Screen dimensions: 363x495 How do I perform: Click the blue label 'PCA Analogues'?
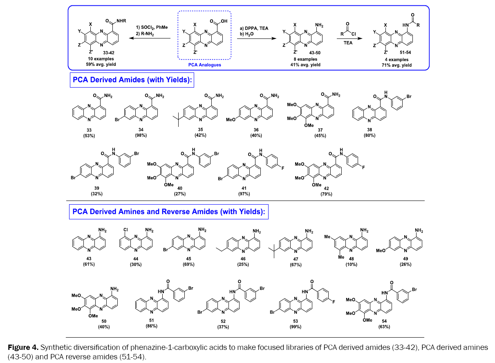tap(204, 65)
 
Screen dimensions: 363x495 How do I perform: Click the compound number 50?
tap(104, 321)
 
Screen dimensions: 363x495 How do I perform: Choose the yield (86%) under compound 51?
tap(151, 326)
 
